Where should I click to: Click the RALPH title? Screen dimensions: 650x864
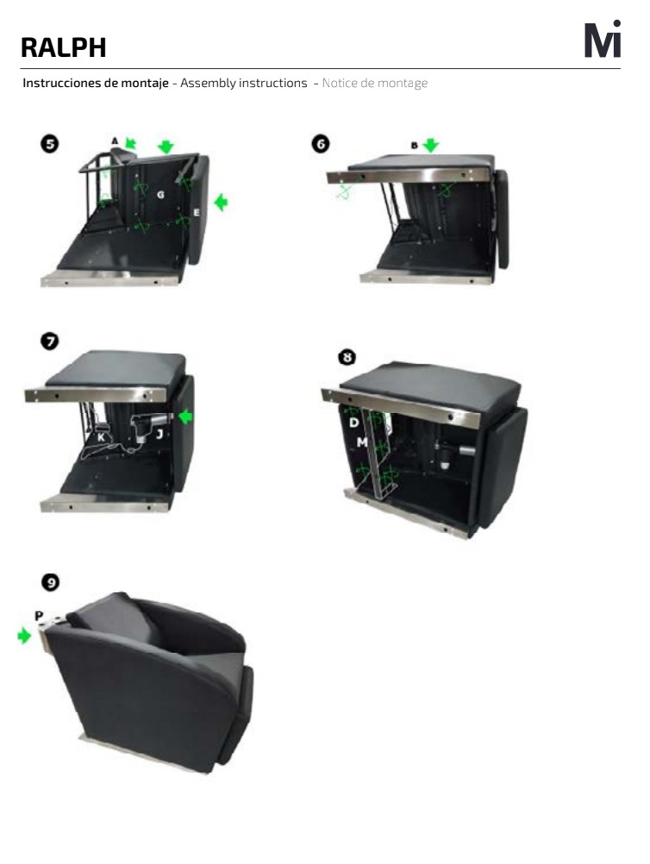point(63,47)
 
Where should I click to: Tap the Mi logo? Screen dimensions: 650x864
point(603,39)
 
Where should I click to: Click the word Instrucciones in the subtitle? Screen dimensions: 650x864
point(62,83)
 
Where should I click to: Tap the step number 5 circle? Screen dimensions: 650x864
point(50,144)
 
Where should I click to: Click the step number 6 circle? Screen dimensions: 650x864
point(321,144)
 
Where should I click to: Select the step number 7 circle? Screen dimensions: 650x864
point(50,341)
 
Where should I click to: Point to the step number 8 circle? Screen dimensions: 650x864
point(347,357)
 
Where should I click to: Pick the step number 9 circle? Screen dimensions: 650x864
point(51,582)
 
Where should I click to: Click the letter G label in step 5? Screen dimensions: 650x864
point(160,195)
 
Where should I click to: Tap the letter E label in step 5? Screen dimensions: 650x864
point(196,212)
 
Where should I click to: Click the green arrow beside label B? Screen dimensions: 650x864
point(431,146)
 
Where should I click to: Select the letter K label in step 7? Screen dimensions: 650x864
point(102,437)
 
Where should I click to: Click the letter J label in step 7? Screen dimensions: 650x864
point(159,435)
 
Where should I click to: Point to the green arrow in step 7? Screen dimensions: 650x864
point(185,416)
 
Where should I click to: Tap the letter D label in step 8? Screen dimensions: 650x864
point(353,423)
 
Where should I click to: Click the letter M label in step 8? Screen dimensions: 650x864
point(362,442)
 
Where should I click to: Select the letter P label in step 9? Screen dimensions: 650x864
point(39,616)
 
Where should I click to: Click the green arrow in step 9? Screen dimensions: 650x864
point(24,635)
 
